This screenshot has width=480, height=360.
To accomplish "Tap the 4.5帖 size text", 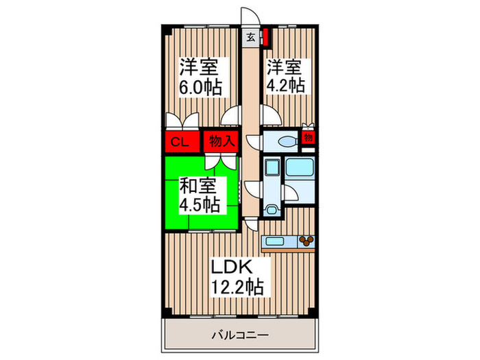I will pyautogui.click(x=199, y=204).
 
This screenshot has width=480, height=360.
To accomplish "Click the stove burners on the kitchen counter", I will pyautogui.click(x=305, y=241).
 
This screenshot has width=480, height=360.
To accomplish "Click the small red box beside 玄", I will pyautogui.click(x=263, y=36).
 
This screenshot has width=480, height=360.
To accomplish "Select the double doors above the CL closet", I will pyautogui.click(x=182, y=121).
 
